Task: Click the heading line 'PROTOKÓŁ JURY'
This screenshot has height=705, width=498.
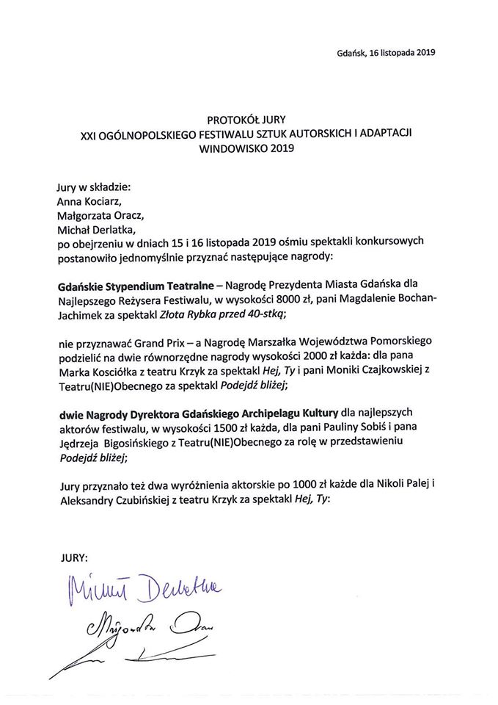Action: tap(248, 117)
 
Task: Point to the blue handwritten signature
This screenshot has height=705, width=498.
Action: tap(142, 587)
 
